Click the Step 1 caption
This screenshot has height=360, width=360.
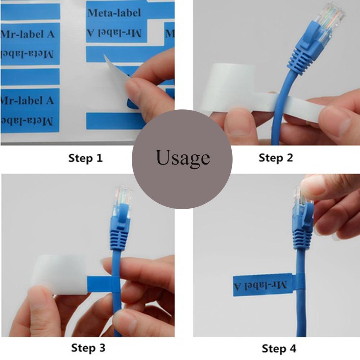point(85,158)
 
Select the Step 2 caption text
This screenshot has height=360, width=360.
point(276,158)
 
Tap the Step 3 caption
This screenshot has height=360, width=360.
point(88,348)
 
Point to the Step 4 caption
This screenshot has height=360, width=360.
point(279,348)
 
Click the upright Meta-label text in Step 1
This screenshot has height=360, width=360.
point(114,13)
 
